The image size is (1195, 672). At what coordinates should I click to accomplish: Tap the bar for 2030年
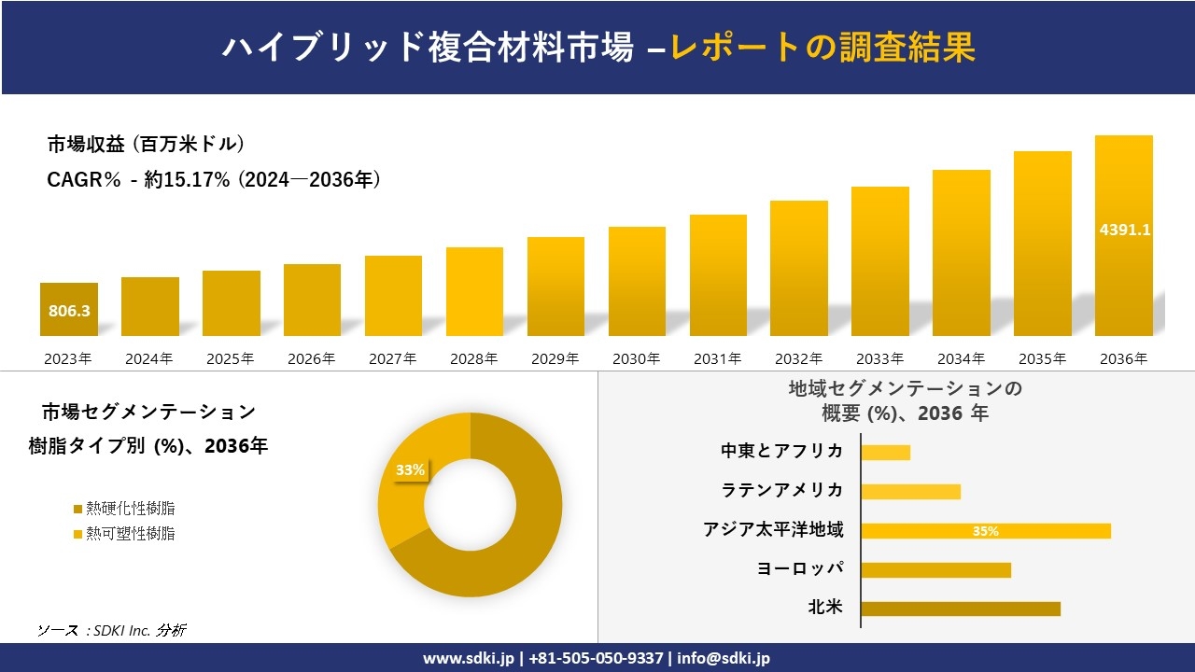tap(637, 281)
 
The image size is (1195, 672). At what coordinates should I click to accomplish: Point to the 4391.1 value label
tap(1124, 230)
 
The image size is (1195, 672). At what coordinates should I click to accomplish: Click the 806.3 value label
tap(69, 311)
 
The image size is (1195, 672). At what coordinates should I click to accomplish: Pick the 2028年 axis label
tap(473, 358)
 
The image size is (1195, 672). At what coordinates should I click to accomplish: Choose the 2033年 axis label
tap(879, 358)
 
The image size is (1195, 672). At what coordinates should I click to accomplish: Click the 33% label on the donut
tap(410, 470)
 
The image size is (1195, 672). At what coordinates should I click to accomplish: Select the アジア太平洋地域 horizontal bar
tap(986, 531)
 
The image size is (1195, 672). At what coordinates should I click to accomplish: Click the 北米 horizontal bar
tap(961, 609)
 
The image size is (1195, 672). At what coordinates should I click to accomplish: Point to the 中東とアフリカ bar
tap(885, 453)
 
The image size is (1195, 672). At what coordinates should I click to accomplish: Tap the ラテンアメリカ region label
tap(781, 490)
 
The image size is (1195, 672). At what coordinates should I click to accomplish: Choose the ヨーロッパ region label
tap(800, 568)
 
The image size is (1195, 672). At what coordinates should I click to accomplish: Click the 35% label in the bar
tap(985, 531)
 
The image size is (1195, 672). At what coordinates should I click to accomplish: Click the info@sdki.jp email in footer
tap(724, 658)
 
